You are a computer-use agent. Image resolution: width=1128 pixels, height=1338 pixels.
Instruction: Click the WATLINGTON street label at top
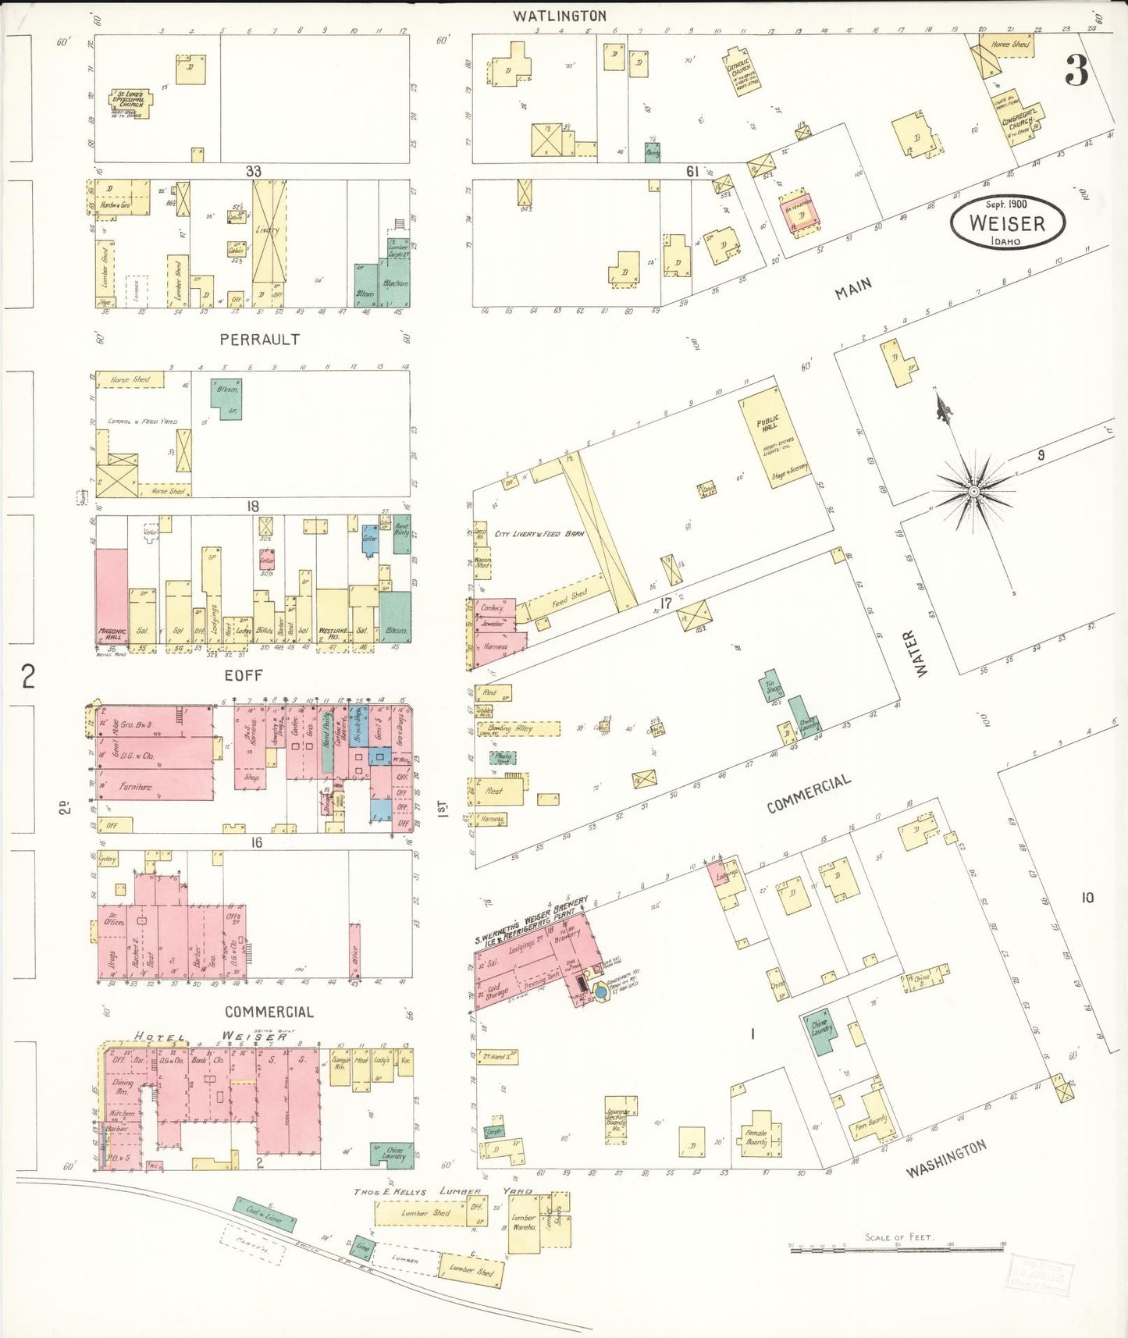click(559, 16)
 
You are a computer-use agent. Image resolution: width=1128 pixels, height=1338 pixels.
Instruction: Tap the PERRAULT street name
click(259, 340)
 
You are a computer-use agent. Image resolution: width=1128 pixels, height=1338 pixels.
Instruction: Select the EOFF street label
click(244, 675)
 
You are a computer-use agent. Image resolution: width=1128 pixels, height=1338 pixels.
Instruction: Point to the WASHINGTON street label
click(946, 1160)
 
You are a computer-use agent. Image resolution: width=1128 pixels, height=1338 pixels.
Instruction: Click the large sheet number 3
click(1076, 72)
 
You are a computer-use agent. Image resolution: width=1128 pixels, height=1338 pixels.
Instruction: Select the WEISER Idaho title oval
click(1007, 222)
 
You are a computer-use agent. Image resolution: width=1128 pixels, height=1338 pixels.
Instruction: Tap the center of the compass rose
click(973, 491)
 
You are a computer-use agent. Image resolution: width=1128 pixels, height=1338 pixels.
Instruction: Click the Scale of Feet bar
click(898, 1249)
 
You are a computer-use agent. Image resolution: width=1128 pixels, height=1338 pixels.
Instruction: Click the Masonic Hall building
click(112, 597)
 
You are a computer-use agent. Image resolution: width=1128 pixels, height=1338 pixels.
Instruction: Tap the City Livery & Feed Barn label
click(539, 534)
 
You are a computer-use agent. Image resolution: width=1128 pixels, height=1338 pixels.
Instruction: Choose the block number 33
click(254, 171)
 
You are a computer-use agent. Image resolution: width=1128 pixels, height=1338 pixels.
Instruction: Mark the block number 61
click(692, 171)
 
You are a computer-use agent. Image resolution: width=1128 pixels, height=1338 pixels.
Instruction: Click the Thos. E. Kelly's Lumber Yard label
click(443, 1191)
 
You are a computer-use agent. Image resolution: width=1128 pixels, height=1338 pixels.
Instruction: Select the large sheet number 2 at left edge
click(28, 676)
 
